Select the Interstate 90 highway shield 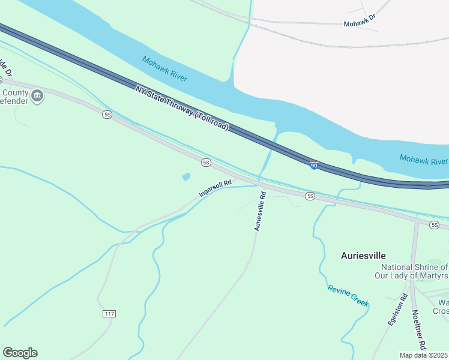pyautogui.click(x=314, y=164)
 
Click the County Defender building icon pyautogui.click(x=37, y=96)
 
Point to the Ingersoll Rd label pyautogui.click(x=215, y=187)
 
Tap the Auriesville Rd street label pyautogui.click(x=259, y=211)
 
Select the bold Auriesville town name pyautogui.click(x=363, y=255)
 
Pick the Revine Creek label pyautogui.click(x=348, y=296)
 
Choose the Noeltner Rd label pyautogui.click(x=419, y=329)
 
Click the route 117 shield pyautogui.click(x=109, y=314)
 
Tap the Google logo pyautogui.click(x=20, y=353)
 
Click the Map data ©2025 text pyautogui.click(x=424, y=355)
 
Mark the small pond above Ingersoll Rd pyautogui.click(x=186, y=177)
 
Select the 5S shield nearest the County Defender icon pyautogui.click(x=107, y=115)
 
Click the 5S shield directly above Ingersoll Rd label pyautogui.click(x=206, y=163)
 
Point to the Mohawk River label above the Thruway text pyautogui.click(x=164, y=69)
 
